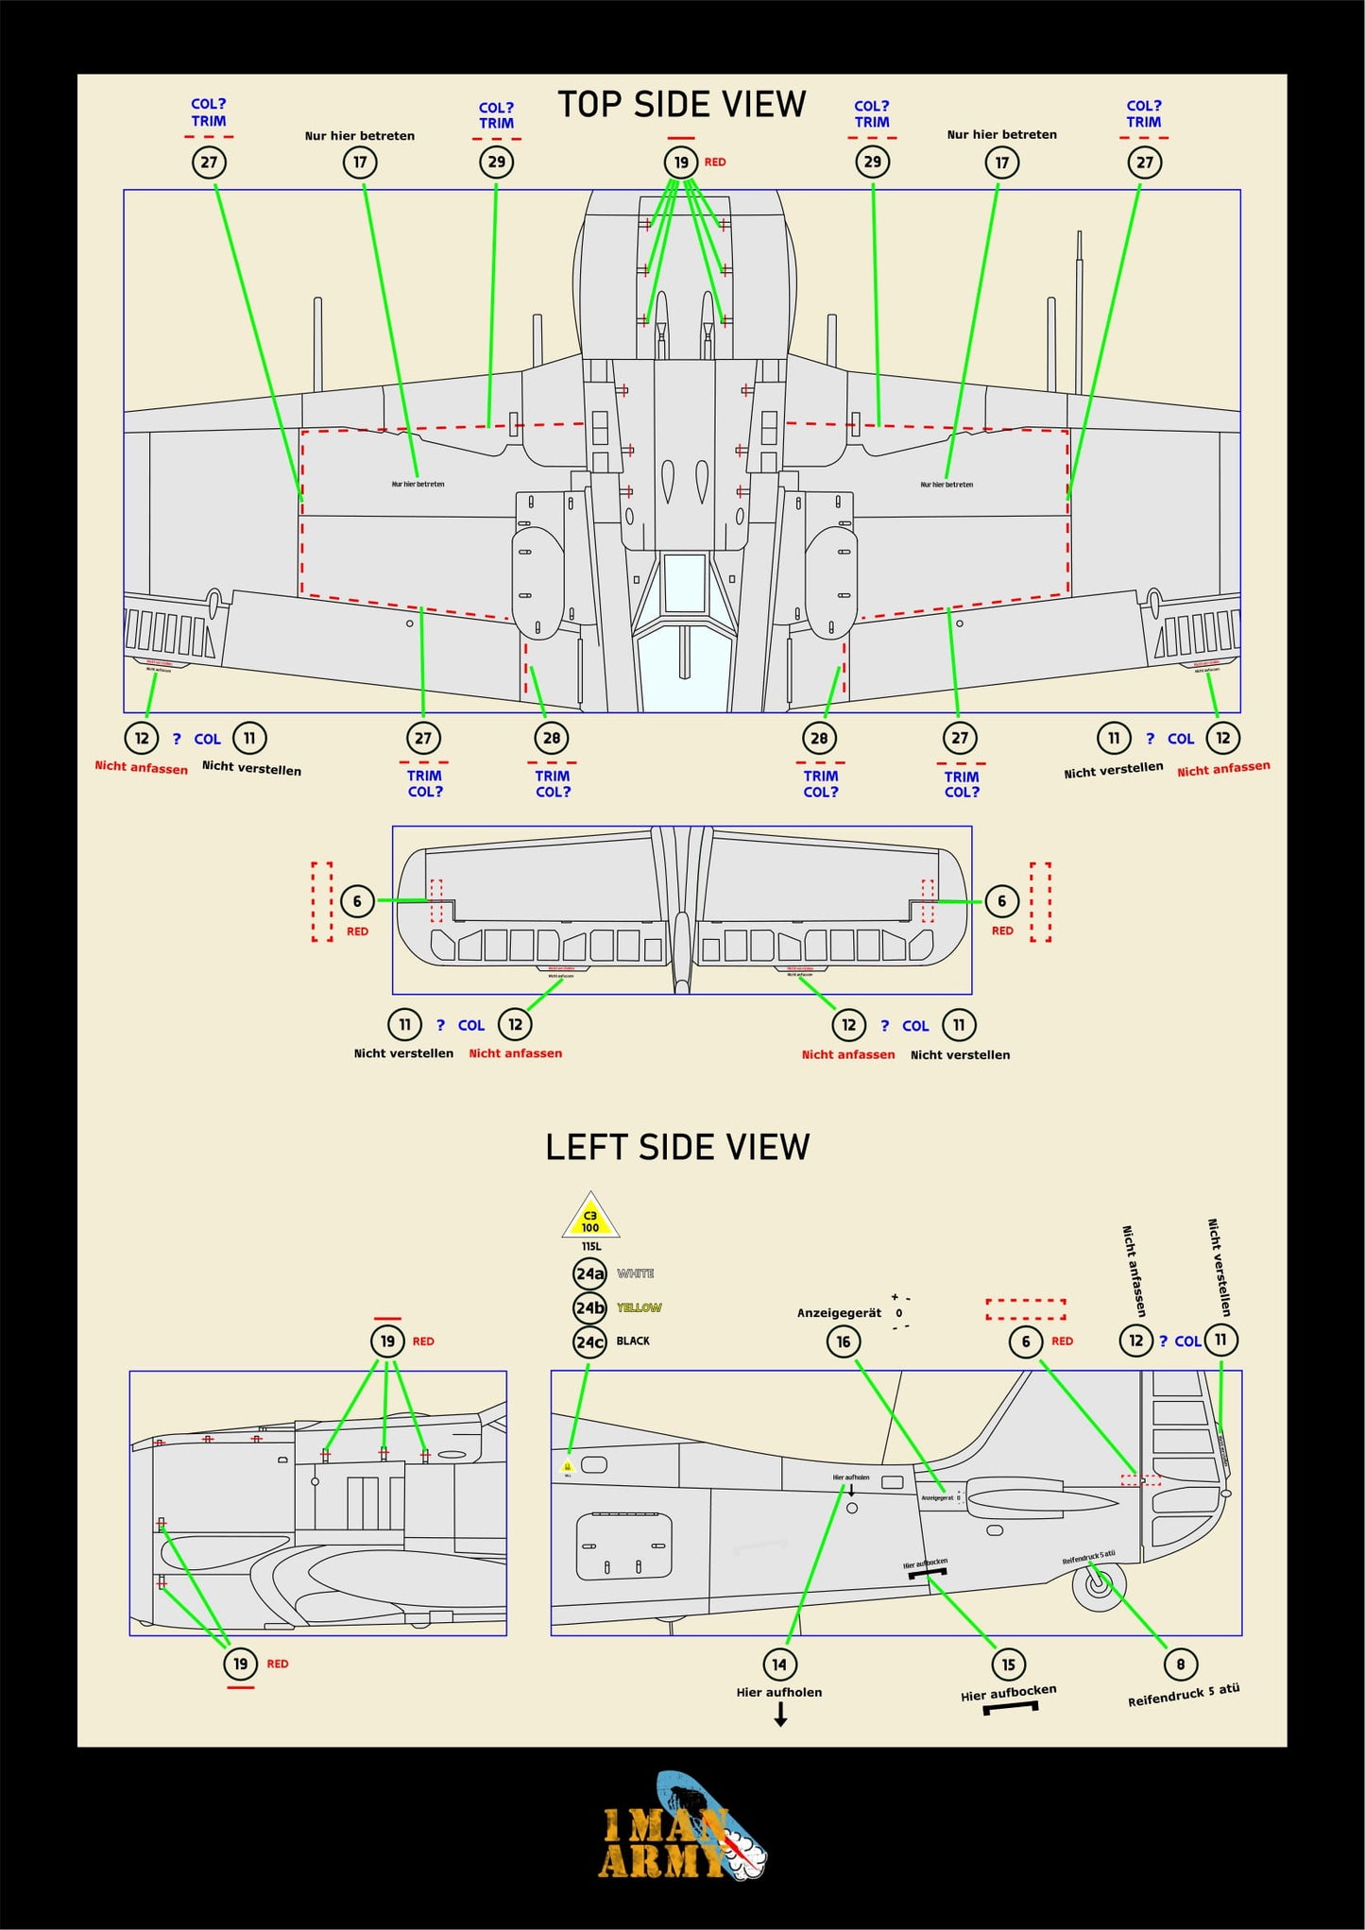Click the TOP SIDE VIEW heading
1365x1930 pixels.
tap(681, 104)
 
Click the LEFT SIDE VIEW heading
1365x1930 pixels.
tap(677, 1147)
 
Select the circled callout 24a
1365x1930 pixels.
tap(589, 1273)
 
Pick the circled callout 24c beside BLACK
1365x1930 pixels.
tap(589, 1341)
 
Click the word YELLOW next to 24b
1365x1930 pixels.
tap(639, 1307)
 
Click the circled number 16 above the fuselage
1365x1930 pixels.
tap(843, 1341)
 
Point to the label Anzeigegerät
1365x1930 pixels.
tap(839, 1313)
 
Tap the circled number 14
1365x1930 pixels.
tap(778, 1665)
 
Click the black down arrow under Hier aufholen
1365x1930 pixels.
tap(780, 1716)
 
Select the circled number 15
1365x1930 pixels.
tap(1008, 1665)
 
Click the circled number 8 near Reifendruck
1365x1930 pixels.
tap(1180, 1664)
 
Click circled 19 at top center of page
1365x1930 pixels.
tap(680, 162)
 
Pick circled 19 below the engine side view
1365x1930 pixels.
tap(240, 1664)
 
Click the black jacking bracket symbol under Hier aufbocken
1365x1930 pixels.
tap(1010, 1708)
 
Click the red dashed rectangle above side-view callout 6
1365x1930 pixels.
tap(1026, 1308)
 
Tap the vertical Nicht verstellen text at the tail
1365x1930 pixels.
tap(1219, 1267)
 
